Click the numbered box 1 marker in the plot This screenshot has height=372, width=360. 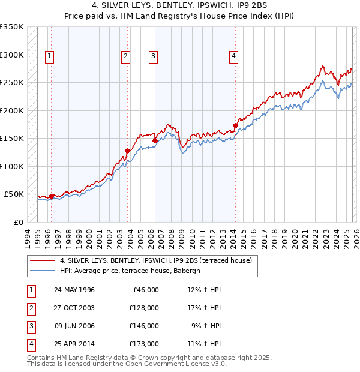click(x=49, y=56)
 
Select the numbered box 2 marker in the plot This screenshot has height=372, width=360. click(x=125, y=56)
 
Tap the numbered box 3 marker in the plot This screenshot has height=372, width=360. click(x=153, y=56)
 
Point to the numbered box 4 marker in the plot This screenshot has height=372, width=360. click(x=233, y=56)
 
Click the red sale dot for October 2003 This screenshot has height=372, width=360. click(x=127, y=151)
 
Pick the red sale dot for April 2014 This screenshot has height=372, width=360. click(x=235, y=126)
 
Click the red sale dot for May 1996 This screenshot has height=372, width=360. click(x=51, y=196)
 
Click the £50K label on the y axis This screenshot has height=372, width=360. click(x=14, y=194)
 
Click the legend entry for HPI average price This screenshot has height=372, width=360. click(x=133, y=271)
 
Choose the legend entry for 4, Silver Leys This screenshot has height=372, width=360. click(x=159, y=260)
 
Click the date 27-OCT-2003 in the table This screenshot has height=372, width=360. click(x=74, y=307)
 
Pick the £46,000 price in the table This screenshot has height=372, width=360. click(x=146, y=289)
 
